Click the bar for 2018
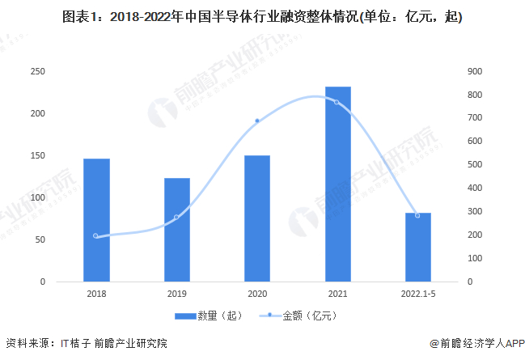pyautogui.click(x=96, y=220)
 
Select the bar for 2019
pyautogui.click(x=176, y=230)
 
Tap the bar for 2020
pyautogui.click(x=257, y=218)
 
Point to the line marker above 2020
pyautogui.click(x=257, y=121)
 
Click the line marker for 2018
pyautogui.click(x=95, y=236)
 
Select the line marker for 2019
pyautogui.click(x=176, y=217)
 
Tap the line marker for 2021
pyautogui.click(x=337, y=102)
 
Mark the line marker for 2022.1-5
pyautogui.click(x=417, y=215)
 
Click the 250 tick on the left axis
pyautogui.click(x=37, y=72)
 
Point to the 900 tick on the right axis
pyautogui.click(x=475, y=72)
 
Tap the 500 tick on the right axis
pyautogui.click(x=475, y=165)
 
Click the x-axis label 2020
pyautogui.click(x=257, y=294)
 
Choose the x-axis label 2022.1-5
pyautogui.click(x=417, y=294)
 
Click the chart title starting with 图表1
pyautogui.click(x=262, y=15)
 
